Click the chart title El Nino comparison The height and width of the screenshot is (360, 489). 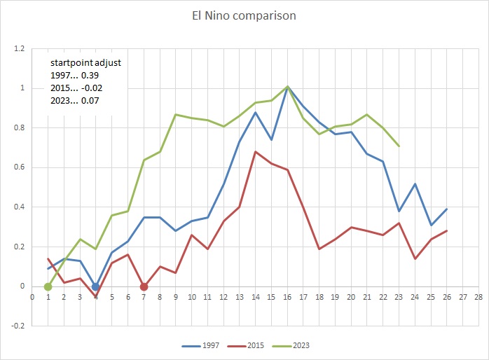pos(245,15)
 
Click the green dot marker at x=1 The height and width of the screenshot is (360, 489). pos(48,286)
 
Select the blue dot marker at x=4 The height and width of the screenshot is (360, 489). pos(96,286)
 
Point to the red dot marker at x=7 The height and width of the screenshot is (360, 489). pos(144,286)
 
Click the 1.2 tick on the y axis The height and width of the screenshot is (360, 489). pos(18,49)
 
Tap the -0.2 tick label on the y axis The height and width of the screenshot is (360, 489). pos(17,326)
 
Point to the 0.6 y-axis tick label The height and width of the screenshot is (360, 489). pos(18,167)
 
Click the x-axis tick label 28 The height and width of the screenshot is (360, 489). pos(478,296)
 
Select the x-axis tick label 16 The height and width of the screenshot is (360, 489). pos(287,296)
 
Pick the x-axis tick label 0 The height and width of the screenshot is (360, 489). pos(32,296)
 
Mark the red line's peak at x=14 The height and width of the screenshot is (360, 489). pos(255,151)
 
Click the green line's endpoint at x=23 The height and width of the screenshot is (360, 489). pos(399,146)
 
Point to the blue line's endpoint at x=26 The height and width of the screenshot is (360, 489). pos(446,209)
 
